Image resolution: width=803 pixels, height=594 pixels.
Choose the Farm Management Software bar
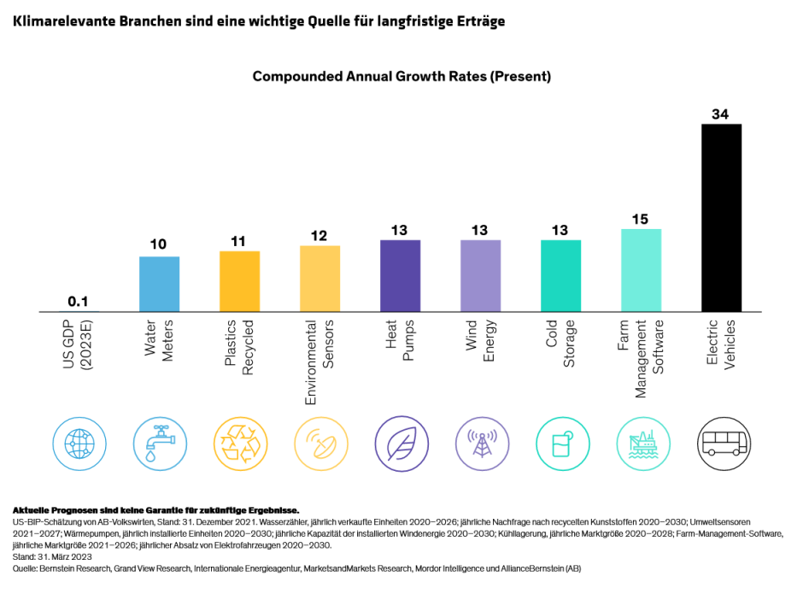[x=641, y=269]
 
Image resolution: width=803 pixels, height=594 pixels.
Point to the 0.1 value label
[x=79, y=301]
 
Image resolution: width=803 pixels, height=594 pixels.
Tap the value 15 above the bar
[x=640, y=219]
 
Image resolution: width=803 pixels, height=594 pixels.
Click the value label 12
[x=319, y=235]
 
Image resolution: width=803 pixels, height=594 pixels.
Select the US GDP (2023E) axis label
[x=79, y=345]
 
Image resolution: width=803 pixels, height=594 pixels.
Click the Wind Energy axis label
[x=480, y=342]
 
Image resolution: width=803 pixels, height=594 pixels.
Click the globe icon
[x=79, y=443]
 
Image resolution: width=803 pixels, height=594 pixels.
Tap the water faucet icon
[x=159, y=443]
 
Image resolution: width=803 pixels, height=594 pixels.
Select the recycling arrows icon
[x=239, y=443]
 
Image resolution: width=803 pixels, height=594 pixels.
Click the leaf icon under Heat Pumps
[x=400, y=443]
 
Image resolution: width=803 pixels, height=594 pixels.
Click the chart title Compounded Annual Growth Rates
[x=401, y=76]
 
